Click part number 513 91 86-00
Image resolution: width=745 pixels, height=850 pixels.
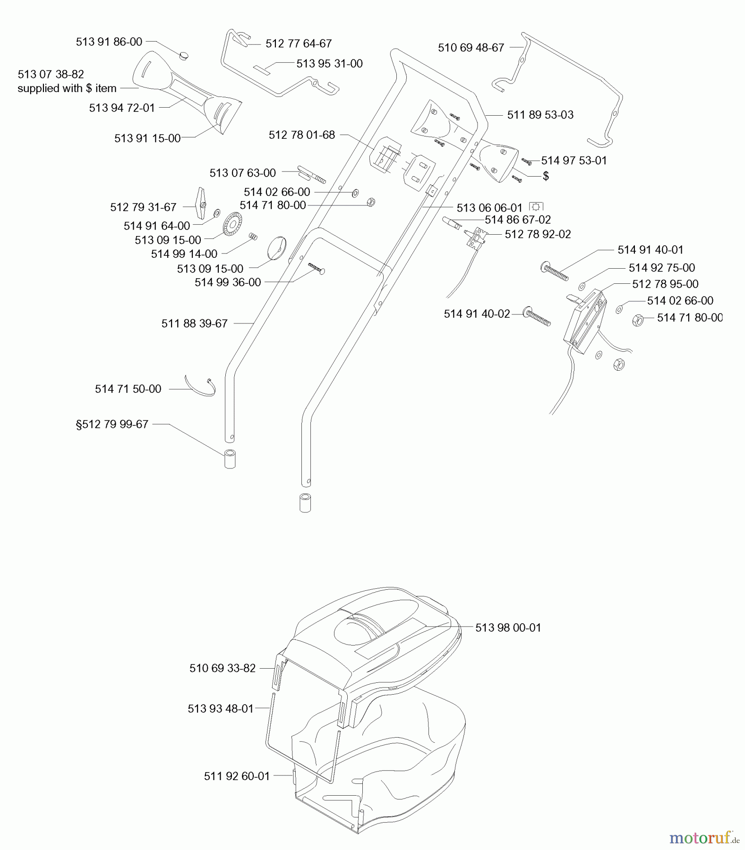coord(109,42)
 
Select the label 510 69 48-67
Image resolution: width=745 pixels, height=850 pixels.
coord(471,47)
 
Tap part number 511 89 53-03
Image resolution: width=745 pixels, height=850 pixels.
coord(540,115)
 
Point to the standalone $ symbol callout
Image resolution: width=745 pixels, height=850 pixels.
coord(546,176)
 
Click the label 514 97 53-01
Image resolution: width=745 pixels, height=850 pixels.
coord(574,161)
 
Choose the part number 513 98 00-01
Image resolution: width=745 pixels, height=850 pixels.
coord(508,628)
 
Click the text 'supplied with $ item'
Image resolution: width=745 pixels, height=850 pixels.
coord(67,88)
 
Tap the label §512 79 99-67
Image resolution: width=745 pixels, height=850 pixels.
coord(112,424)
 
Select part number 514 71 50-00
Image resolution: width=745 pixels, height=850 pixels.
coord(128,389)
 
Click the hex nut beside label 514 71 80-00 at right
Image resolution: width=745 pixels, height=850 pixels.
coord(636,320)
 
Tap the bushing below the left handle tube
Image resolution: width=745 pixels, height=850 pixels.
coord(230,459)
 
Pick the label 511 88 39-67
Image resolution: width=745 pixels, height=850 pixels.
coord(194,323)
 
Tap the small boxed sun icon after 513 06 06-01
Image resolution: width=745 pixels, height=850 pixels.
coord(536,207)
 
